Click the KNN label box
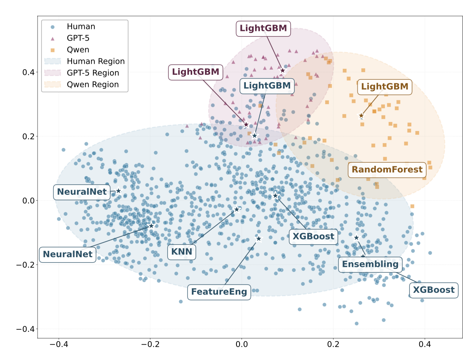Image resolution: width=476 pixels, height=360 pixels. [182, 252]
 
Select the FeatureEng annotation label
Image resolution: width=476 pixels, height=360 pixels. [219, 292]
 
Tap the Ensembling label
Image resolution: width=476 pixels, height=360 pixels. [370, 265]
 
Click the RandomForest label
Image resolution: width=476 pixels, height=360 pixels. [387, 170]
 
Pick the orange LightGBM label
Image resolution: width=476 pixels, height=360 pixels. [385, 87]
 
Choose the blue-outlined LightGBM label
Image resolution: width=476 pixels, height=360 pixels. [267, 86]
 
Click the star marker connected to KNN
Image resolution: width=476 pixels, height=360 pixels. [236, 209]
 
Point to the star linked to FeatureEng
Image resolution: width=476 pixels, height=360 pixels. [258, 239]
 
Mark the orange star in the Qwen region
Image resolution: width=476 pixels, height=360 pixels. [361, 116]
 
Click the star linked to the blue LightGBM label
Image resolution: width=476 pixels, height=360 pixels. [254, 136]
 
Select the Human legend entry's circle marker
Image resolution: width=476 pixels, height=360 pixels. [52, 27]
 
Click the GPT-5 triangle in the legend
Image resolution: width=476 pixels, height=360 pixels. [52, 39]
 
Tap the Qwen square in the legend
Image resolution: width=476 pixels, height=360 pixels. [52, 50]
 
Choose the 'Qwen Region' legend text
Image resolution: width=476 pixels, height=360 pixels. [93, 85]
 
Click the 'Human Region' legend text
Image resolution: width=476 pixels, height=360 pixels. [96, 61]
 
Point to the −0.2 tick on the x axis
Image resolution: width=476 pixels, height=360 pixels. [150, 344]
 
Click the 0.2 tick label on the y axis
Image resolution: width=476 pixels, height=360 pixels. [29, 137]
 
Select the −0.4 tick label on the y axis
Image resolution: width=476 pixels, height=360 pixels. [25, 329]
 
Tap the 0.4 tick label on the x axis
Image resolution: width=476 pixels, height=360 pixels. [425, 344]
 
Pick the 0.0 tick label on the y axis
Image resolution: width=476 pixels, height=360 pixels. [29, 201]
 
